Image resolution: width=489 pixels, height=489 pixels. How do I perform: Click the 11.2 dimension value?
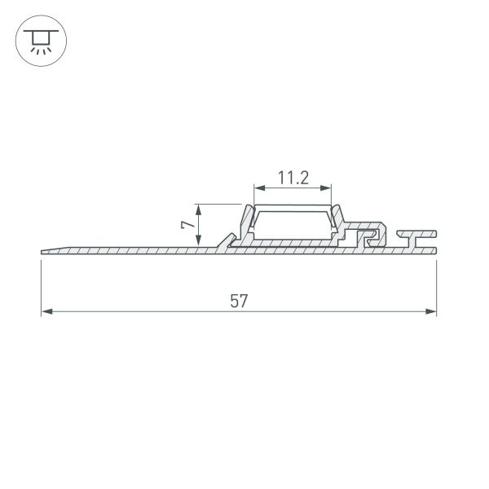tap(293, 177)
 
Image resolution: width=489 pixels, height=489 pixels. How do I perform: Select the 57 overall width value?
tap(238, 301)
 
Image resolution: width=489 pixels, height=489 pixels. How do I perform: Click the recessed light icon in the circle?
tap(38, 41)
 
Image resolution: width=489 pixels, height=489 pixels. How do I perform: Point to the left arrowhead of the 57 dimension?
tap(46, 311)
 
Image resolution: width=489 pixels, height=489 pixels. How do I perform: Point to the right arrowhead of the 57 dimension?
tap(431, 311)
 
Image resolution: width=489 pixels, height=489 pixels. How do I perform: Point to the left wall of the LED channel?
tap(244, 222)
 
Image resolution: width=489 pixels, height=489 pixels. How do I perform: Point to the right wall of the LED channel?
tap(341, 222)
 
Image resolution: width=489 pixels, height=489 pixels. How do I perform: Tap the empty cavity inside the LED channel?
tap(293, 224)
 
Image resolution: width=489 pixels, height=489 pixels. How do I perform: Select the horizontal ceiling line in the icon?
tap(38, 33)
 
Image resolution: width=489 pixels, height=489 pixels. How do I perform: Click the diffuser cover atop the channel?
tap(293, 209)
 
